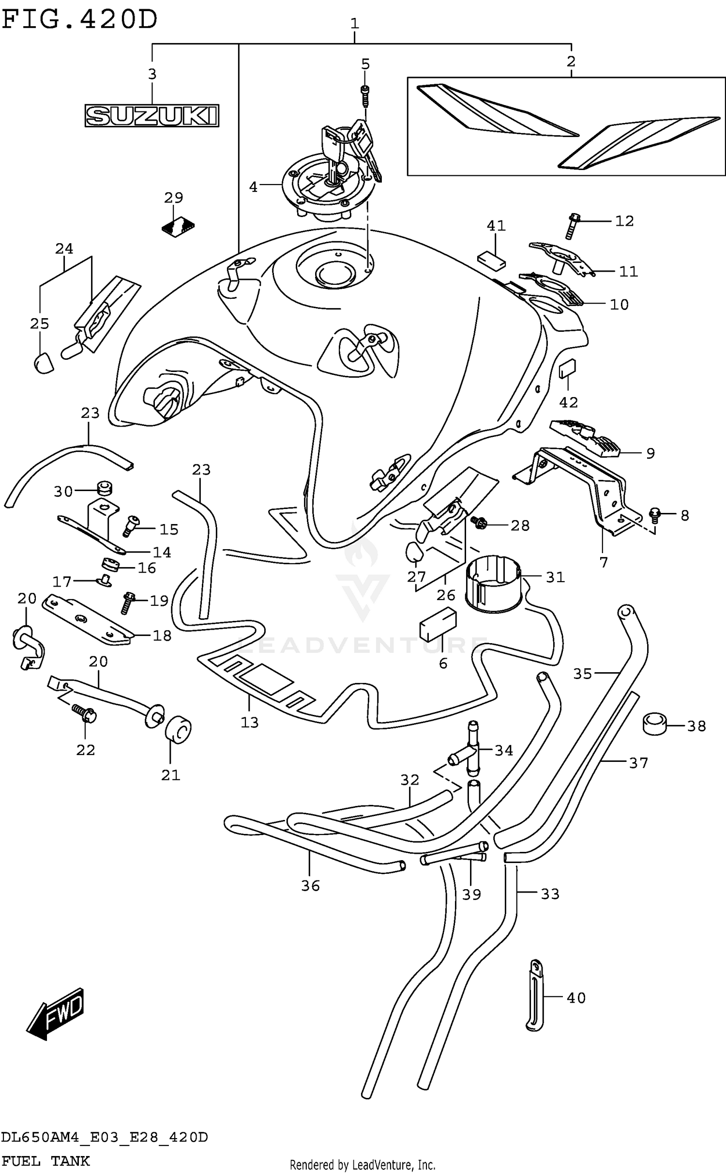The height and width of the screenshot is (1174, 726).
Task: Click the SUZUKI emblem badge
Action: [x=151, y=116]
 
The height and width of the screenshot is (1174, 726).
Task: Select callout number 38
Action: [x=696, y=726]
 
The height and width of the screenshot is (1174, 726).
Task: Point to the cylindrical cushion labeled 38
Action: [x=655, y=724]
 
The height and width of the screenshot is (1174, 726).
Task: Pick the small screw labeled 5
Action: [x=365, y=95]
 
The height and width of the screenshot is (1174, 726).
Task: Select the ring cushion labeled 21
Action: [x=178, y=730]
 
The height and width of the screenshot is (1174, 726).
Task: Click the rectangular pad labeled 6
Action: [x=438, y=624]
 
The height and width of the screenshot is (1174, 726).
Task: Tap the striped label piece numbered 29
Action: [x=178, y=227]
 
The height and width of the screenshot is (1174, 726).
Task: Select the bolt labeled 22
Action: [x=85, y=713]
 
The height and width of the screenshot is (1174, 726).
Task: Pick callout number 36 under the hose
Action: [x=310, y=885]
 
